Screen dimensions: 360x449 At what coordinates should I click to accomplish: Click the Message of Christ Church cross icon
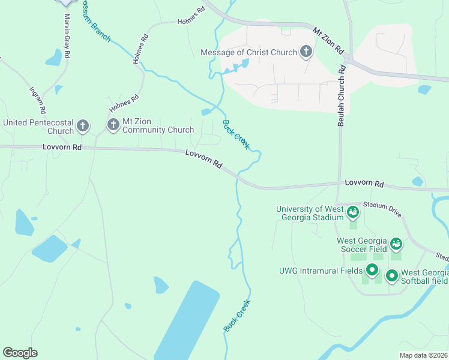point(306,52)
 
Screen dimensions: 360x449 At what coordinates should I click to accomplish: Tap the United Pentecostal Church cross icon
point(83,126)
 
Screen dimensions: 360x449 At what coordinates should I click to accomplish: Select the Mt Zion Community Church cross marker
point(113,125)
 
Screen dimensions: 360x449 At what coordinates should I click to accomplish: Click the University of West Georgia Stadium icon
point(353,212)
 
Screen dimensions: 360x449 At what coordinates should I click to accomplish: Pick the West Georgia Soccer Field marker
point(396,244)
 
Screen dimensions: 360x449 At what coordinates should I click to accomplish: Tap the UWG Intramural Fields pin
point(372,271)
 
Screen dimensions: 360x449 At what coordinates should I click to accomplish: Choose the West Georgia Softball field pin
point(392,276)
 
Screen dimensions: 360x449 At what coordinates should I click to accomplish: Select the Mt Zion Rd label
point(327,40)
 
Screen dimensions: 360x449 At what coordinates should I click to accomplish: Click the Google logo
point(20,353)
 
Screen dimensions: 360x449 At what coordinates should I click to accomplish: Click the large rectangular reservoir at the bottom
point(187,321)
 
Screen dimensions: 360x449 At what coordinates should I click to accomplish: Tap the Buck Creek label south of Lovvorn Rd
point(237,316)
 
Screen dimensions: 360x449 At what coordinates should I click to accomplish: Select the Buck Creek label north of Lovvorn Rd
point(236,135)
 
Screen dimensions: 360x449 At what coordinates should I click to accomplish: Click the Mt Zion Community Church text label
point(158,130)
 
